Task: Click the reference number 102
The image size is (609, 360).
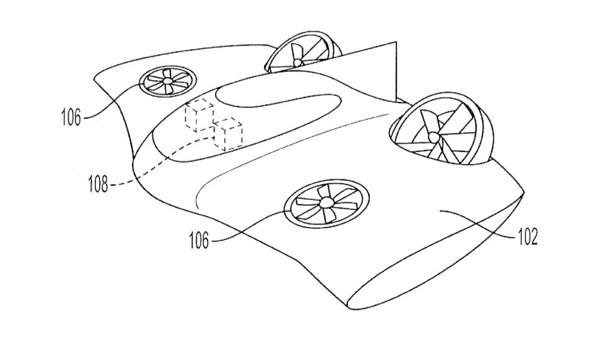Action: (x=527, y=236)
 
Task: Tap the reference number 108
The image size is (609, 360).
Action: (x=98, y=184)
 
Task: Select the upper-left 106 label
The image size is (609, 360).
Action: (x=71, y=117)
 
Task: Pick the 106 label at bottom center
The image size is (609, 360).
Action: (x=199, y=240)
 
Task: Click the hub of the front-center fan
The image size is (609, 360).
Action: (x=325, y=202)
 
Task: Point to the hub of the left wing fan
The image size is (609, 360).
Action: (x=168, y=81)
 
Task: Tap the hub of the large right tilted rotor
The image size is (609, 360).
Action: (x=433, y=137)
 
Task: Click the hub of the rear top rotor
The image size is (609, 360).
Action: (x=297, y=62)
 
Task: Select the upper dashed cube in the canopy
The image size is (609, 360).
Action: (x=199, y=114)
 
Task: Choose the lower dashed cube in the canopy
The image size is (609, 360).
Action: (x=228, y=134)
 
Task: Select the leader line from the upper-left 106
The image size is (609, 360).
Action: (x=113, y=98)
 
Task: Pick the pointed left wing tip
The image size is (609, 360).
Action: (x=96, y=78)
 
